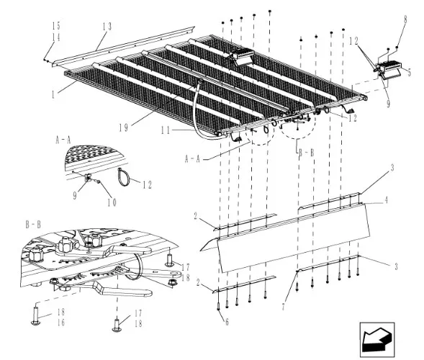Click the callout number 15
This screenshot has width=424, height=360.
coord(56,26)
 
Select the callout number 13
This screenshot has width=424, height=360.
coord(107,27)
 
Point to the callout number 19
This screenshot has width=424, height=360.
coord(124,127)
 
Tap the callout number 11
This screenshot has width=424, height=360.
coord(166,130)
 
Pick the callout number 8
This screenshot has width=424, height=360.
coord(405,19)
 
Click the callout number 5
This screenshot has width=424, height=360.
coord(409,73)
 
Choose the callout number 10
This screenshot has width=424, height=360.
coord(112,202)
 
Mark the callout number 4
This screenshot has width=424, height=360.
coord(386,200)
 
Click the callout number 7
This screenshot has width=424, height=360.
coord(283,307)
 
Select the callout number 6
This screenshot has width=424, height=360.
coord(227,322)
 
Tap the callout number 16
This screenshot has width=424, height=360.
coord(61,323)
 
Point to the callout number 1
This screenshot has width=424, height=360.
coord(53,94)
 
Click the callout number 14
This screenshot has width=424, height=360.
coord(56,37)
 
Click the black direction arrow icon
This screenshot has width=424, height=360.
coord(376,340)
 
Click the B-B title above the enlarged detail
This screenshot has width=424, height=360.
coord(33,225)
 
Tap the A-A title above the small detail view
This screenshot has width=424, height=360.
coord(63,140)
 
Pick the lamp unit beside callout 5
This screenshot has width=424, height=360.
coord(390,68)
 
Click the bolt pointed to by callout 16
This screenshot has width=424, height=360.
coord(35,315)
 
